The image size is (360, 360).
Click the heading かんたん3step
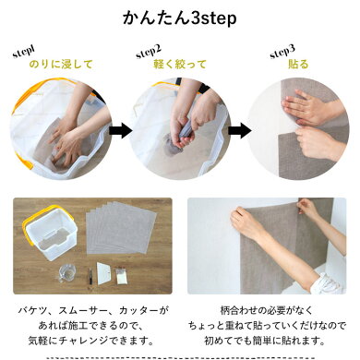[180, 18]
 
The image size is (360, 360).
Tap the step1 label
[24, 52]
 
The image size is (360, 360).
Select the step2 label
[149, 52]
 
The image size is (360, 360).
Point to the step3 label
[282, 52]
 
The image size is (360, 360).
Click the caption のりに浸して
[61, 65]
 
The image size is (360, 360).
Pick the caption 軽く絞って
[180, 65]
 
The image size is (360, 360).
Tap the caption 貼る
[298, 65]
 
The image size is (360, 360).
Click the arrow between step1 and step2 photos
[120, 130]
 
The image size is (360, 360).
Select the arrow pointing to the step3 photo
[239, 130]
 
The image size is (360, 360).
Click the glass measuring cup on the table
[66, 273]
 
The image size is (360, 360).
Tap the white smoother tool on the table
[103, 273]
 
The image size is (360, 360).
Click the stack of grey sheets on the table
[121, 228]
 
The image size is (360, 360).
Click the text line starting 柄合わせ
[267, 310]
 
